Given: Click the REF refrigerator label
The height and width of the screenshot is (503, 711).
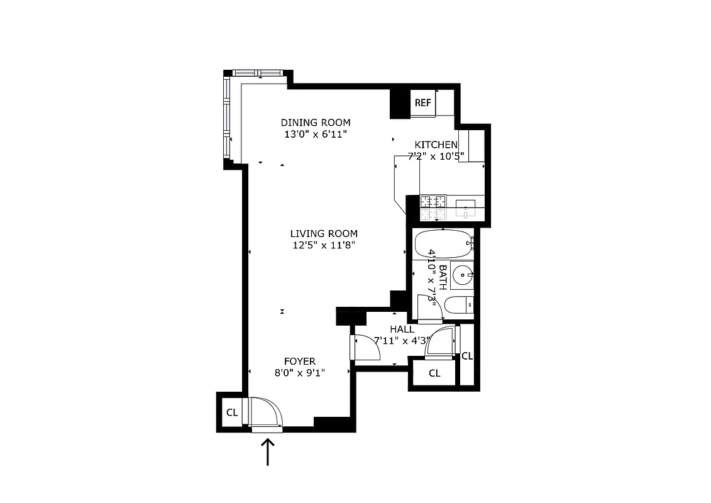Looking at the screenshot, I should point(423,103).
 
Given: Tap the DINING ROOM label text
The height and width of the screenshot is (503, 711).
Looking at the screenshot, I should point(316,123).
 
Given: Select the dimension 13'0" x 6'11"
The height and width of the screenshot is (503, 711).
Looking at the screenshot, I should point(316,135).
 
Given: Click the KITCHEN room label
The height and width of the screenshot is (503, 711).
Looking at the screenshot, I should point(436,145).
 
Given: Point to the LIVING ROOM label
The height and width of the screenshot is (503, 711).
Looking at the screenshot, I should point(324,234).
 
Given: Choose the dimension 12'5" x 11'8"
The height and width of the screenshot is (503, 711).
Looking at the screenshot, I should point(324,246).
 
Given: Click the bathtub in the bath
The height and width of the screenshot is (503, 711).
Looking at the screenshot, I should point(443,244).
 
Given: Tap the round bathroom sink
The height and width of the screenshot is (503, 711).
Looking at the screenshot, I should point(463,274).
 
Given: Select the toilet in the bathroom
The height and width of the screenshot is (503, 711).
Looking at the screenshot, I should point(458,306).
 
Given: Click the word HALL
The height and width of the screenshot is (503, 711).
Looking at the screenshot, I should point(402,329).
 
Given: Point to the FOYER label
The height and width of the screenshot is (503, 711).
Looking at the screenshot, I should point(300,361).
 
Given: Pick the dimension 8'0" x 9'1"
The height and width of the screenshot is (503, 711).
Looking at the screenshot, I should point(300,372).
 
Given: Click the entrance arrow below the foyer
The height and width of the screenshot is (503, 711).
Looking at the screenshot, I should point(268,452).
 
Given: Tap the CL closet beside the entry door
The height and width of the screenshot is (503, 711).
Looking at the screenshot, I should point(231,412).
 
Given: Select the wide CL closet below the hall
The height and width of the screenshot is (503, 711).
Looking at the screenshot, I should point(434,373).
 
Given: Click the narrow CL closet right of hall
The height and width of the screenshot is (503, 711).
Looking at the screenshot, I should point(467,356).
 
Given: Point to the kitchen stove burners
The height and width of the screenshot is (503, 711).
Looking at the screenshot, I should point(433,209).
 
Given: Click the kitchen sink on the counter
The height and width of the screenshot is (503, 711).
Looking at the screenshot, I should point(466,209).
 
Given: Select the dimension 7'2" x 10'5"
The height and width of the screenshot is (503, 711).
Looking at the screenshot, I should point(439,157).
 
